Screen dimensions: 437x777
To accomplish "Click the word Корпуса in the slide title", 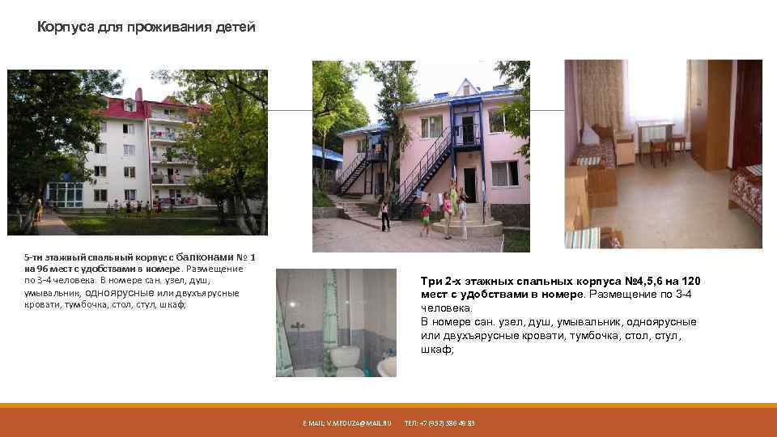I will tap(66, 28).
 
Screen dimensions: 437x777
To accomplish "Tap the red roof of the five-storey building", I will tap(121, 103).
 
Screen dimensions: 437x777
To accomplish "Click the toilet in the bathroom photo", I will tap(349, 356).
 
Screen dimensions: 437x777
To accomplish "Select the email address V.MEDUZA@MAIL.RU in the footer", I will tap(347, 423).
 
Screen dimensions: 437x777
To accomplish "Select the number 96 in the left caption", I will tap(51, 269).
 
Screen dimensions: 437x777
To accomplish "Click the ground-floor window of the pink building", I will tap(504, 172).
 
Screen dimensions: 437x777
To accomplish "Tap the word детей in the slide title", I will tap(236, 28).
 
